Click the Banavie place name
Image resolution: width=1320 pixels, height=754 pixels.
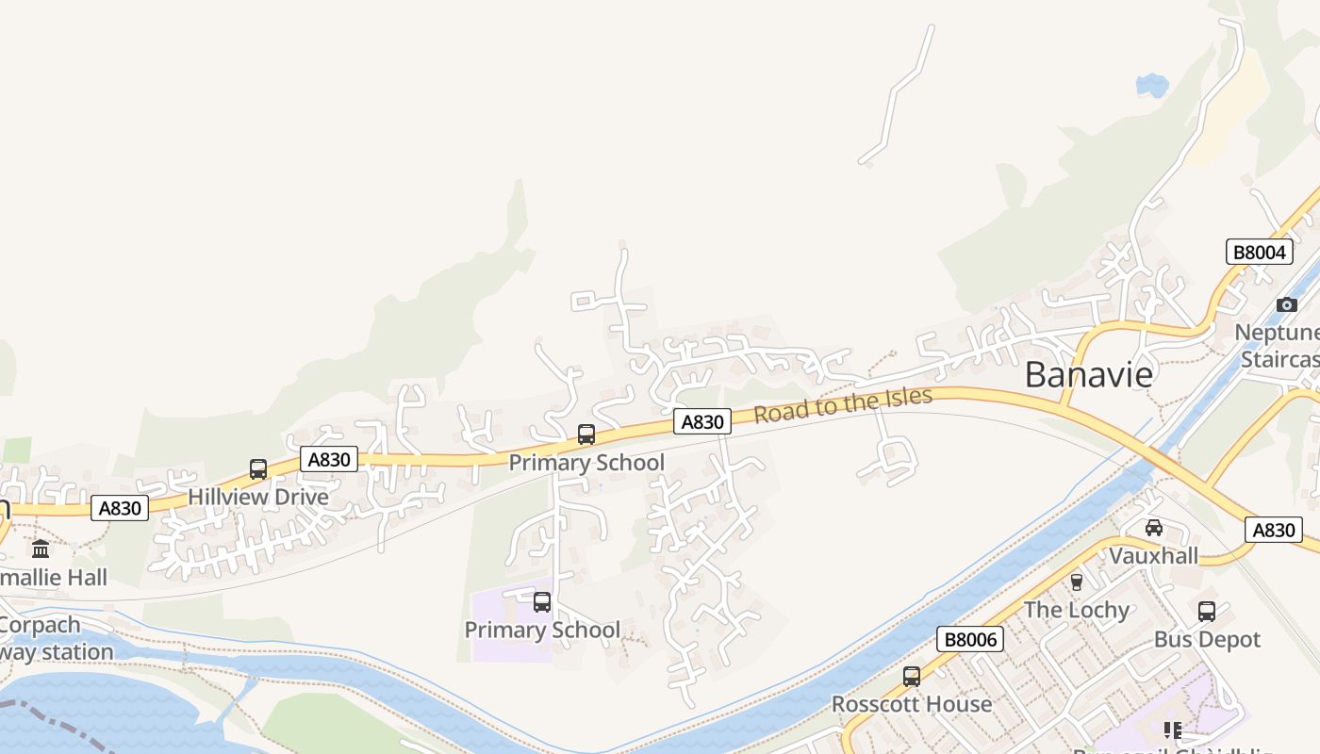tap(1088, 375)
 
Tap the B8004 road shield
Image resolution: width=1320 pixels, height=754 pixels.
tap(1259, 252)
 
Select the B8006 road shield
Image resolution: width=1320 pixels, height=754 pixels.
tap(970, 640)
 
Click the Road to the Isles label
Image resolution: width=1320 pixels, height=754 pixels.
tap(843, 405)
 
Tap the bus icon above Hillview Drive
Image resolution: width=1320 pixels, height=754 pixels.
tap(257, 469)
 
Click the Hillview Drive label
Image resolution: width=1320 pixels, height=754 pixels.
tap(258, 497)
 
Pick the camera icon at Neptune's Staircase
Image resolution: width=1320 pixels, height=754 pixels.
tap(1286, 304)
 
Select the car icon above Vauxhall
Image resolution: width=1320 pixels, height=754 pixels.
tap(1153, 528)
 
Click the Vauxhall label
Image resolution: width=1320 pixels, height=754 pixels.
tap(1153, 555)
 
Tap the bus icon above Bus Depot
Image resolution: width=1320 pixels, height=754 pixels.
tap(1207, 612)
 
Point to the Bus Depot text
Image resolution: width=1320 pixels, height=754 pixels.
tap(1207, 639)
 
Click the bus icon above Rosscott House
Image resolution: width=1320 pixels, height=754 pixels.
tap(911, 677)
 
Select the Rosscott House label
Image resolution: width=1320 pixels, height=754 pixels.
tap(911, 704)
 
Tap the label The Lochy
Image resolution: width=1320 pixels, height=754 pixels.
tap(1077, 610)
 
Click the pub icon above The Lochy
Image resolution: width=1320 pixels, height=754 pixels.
tap(1077, 582)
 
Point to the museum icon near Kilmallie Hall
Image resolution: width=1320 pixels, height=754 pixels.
tap(41, 549)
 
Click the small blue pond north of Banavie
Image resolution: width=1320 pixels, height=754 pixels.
tap(1151, 86)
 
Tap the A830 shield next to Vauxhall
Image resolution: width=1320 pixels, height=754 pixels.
tap(1273, 530)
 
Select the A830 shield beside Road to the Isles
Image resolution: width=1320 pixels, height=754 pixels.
tap(702, 422)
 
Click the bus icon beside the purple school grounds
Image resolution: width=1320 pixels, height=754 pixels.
tap(542, 602)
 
